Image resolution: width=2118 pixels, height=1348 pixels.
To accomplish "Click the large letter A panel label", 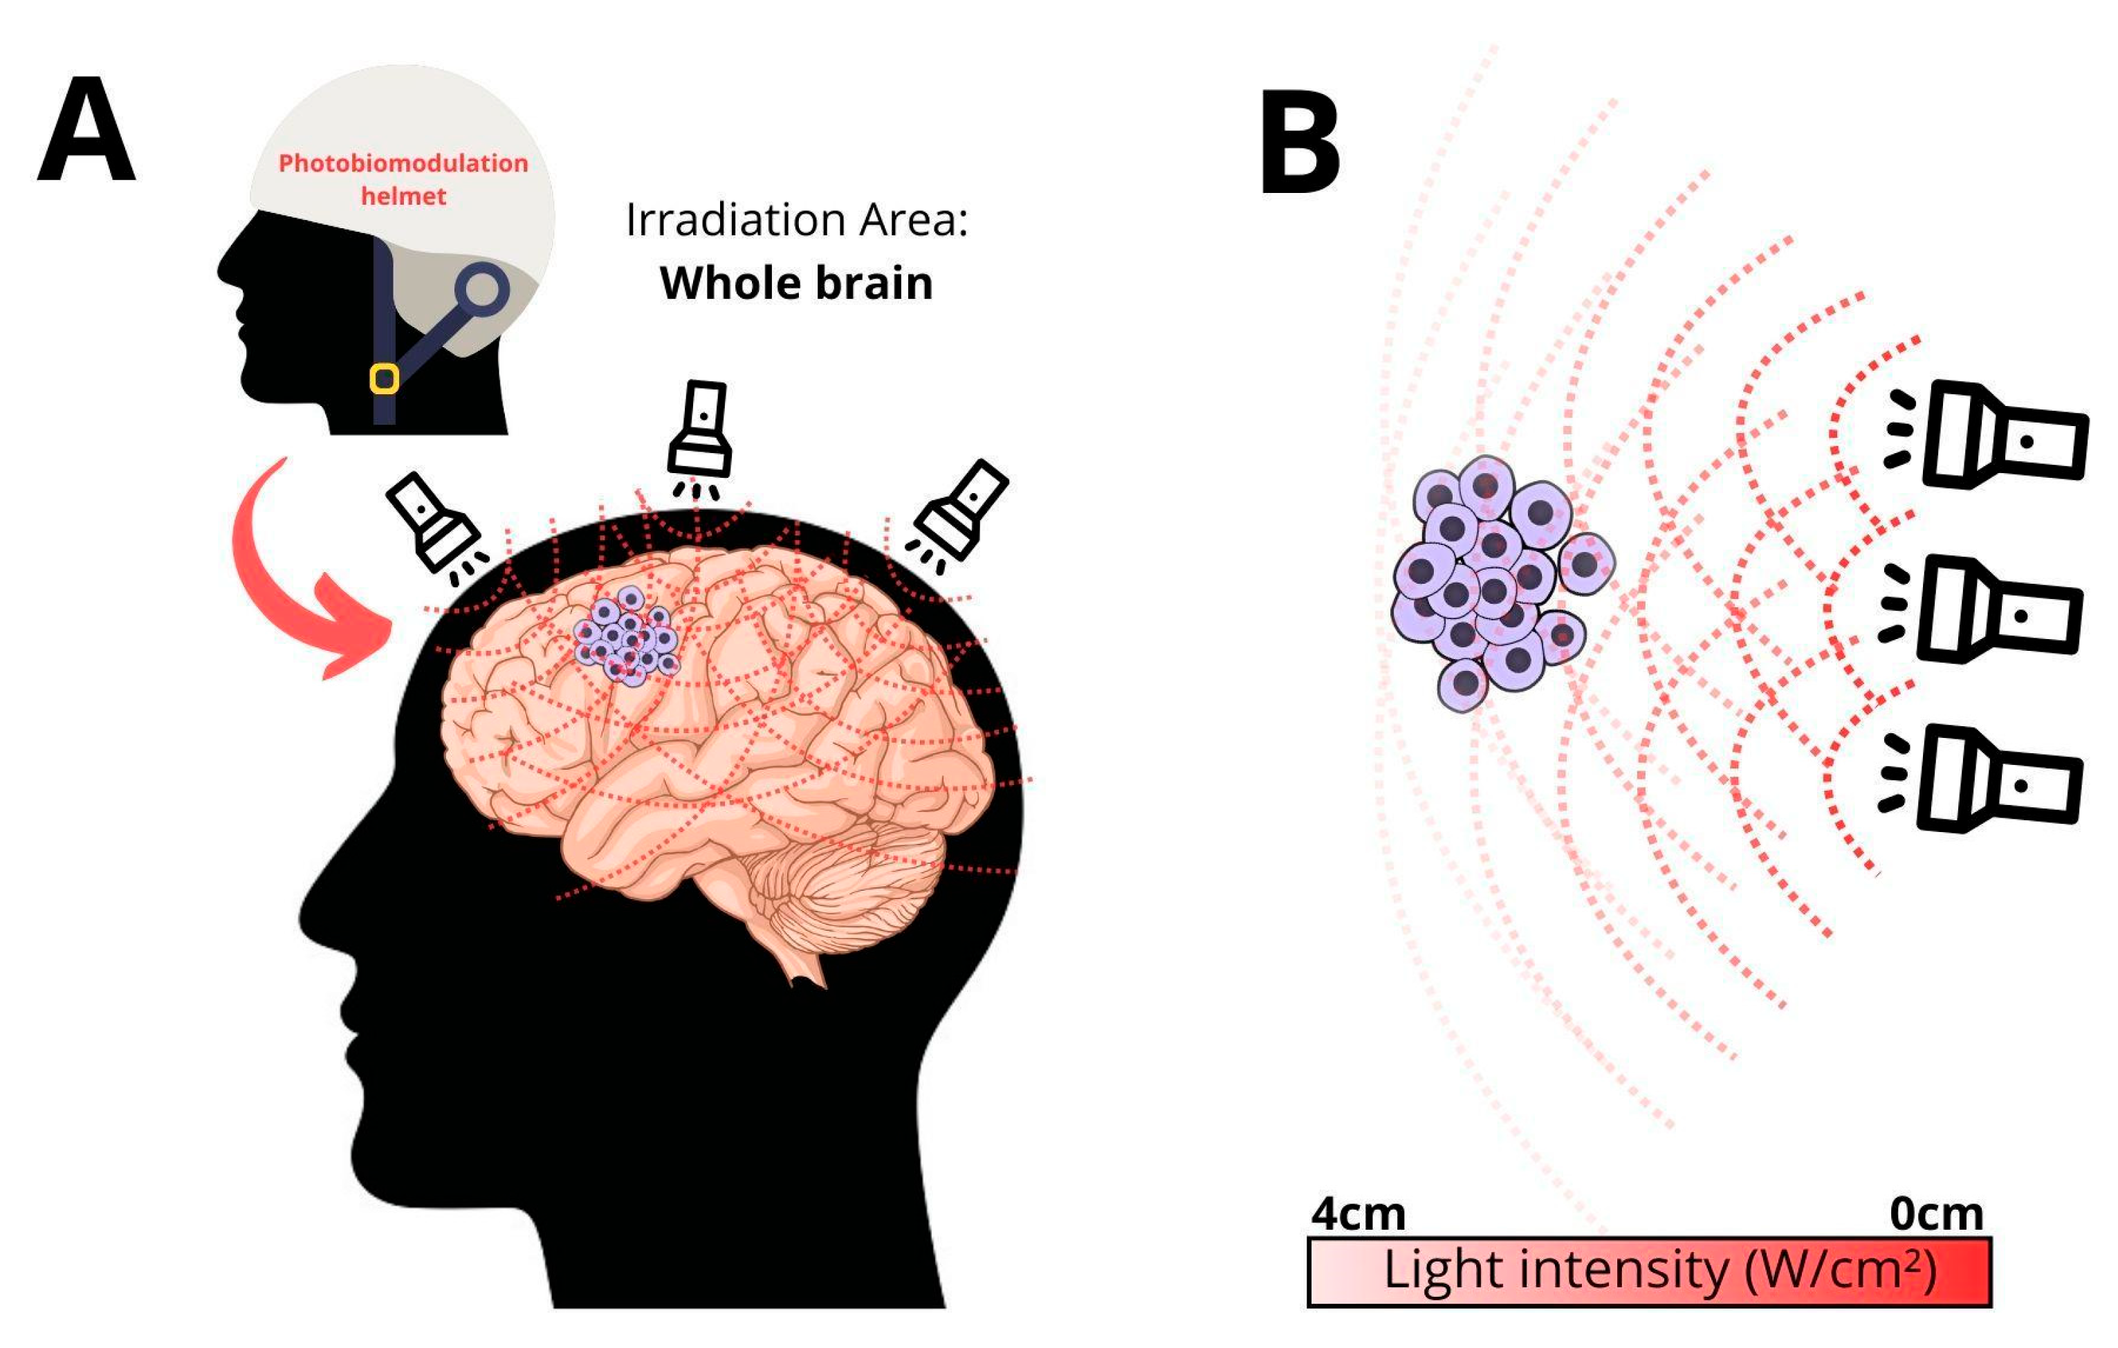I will (x=86, y=129).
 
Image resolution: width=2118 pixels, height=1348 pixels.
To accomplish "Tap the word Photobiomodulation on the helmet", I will (x=403, y=163).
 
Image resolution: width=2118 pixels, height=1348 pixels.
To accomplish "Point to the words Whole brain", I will (x=796, y=283).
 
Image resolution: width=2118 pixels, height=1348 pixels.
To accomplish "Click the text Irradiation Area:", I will (x=796, y=220).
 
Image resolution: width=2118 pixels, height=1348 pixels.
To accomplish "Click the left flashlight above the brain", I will (x=434, y=522).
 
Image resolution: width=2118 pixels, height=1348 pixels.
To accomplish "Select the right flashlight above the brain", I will (x=961, y=510).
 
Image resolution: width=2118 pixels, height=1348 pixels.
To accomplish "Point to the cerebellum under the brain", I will (x=845, y=888).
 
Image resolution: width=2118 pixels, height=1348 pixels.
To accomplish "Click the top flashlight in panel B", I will (x=2001, y=435).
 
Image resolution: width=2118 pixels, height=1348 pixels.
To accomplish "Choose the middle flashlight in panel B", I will (x=1997, y=609).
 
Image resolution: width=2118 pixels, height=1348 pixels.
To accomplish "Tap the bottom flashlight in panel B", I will (x=1997, y=779).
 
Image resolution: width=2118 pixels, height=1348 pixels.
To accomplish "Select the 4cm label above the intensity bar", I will (x=1357, y=1215).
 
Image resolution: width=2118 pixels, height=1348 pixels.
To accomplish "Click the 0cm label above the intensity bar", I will (x=1936, y=1215).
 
